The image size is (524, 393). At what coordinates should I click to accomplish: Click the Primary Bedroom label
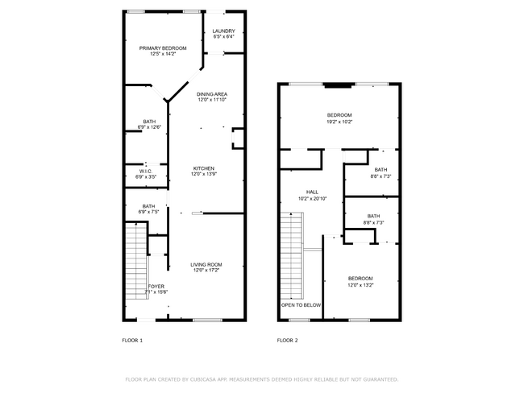(x=163, y=48)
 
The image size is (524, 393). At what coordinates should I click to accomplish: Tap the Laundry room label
(x=223, y=31)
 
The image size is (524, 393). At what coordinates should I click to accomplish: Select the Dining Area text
(x=212, y=94)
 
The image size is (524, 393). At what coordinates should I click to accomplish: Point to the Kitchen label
(x=203, y=168)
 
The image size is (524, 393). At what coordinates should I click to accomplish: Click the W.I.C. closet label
(x=146, y=170)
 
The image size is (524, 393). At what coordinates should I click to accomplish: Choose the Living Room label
(x=206, y=265)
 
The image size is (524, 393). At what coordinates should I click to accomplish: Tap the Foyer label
(x=156, y=286)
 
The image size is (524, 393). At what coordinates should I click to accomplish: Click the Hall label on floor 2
(x=300, y=192)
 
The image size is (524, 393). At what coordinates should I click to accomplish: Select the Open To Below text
(x=301, y=305)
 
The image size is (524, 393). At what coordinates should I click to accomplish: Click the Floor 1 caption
(x=132, y=341)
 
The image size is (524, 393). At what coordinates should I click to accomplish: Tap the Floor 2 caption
(x=287, y=341)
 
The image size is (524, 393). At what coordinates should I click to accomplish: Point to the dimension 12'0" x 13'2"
(x=360, y=284)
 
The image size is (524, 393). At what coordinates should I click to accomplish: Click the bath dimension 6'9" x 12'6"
(x=150, y=126)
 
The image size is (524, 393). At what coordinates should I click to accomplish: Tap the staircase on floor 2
(x=291, y=254)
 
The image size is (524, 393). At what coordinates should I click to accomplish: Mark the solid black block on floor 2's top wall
(x=339, y=84)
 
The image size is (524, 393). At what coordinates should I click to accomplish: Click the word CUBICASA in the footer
(x=208, y=379)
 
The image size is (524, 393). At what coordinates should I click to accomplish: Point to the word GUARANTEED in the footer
(x=378, y=379)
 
